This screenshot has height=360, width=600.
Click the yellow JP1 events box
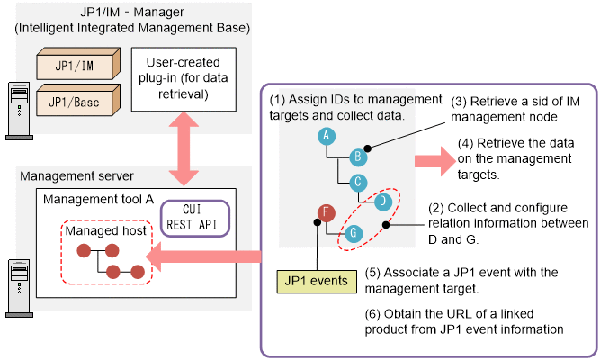click(x=317, y=283)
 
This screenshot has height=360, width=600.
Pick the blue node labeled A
click(x=326, y=135)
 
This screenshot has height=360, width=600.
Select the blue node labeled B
click(x=357, y=157)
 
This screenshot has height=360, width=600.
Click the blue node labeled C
click(x=357, y=182)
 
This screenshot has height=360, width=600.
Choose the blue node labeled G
click(x=354, y=232)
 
